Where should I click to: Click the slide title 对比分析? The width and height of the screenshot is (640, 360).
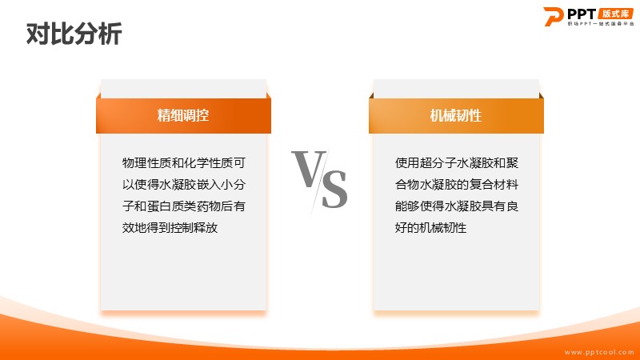74,34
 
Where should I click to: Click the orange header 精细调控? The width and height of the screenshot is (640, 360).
183,115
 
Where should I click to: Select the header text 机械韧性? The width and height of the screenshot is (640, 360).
456,115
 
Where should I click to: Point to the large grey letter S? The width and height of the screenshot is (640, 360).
334,189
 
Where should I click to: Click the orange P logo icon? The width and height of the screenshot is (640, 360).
554,16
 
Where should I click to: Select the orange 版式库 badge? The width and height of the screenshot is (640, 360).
616,14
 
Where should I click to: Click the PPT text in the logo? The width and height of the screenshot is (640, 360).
582,14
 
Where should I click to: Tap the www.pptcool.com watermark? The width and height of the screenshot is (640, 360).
599,352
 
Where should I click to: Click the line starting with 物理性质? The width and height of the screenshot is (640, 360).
184,163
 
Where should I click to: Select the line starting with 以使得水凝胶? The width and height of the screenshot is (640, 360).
184,185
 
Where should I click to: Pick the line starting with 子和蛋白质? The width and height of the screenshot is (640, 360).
184,206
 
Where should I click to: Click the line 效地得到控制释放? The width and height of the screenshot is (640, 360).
170,228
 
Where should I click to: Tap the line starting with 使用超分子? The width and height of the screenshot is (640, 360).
457,163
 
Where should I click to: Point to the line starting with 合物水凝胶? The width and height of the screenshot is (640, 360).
457,185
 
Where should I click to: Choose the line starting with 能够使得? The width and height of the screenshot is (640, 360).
457,206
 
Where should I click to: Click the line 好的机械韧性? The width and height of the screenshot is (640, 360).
430,228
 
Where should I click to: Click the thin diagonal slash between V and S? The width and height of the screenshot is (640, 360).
320,182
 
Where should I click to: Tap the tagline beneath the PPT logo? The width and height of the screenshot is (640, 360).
601,24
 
